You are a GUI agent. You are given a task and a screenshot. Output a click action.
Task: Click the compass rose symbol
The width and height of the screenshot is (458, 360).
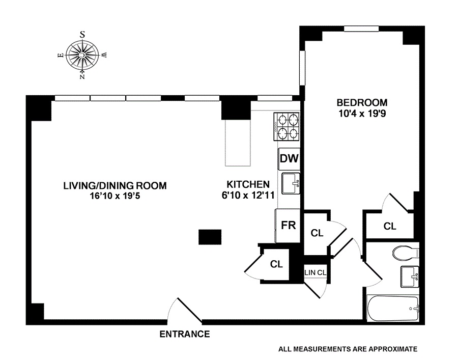[x=82, y=54]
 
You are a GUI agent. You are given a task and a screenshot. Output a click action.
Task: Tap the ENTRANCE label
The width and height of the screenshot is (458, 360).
[x=185, y=335]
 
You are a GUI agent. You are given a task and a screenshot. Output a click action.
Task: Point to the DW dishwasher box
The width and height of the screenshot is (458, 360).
[x=289, y=158]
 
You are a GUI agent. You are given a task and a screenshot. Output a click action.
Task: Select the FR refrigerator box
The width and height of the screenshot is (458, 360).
[x=289, y=225]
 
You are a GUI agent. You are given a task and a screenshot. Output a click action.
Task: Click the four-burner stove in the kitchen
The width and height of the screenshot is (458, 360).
[x=287, y=127]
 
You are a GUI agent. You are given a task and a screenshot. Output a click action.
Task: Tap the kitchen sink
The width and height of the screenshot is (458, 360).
[x=291, y=184]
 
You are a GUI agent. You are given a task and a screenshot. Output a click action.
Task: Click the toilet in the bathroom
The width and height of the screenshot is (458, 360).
[x=404, y=253]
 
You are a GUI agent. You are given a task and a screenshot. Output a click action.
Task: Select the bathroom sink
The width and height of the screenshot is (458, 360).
[x=410, y=277]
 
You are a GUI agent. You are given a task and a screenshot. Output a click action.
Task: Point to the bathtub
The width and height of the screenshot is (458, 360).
[x=393, y=308]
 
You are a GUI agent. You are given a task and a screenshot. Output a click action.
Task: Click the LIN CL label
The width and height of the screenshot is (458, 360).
[x=315, y=272]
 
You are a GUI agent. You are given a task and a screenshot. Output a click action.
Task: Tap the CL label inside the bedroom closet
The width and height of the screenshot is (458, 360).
[x=390, y=227]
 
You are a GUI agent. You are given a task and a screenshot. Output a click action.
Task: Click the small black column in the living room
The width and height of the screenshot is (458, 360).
[x=210, y=237]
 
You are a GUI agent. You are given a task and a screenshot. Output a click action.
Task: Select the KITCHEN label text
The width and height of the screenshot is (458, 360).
[x=248, y=184]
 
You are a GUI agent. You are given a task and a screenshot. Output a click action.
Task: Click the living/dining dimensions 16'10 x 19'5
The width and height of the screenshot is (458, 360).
[x=115, y=196]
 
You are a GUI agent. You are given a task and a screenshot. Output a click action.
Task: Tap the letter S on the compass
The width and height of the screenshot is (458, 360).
[x=82, y=34]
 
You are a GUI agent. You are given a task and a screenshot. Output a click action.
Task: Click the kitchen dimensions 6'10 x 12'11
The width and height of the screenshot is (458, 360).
[x=248, y=195]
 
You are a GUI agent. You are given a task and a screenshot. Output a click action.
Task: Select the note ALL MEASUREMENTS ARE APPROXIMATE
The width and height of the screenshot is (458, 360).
[x=348, y=349]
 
